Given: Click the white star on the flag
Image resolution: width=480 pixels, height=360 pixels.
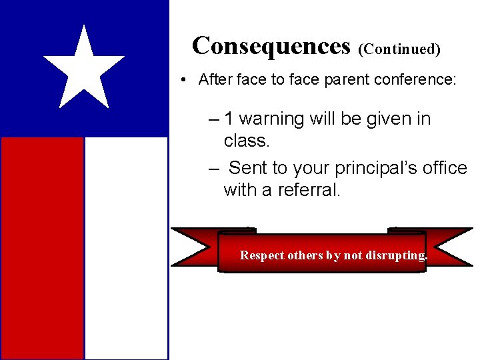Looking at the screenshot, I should click(84, 68).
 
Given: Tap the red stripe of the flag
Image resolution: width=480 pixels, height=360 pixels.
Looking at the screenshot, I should click(42, 247).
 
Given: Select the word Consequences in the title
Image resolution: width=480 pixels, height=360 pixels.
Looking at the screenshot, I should click(271, 45).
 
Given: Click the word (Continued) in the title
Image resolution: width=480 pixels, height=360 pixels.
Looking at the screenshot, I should click(399, 49).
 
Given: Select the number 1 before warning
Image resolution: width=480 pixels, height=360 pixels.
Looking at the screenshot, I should click(229, 119).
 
